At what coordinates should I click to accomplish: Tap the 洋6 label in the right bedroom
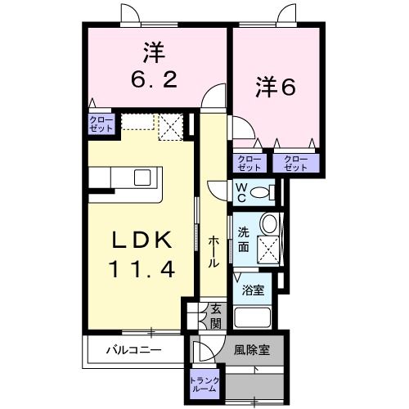272,88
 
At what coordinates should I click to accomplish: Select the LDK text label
141,241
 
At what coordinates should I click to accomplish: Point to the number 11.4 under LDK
141,268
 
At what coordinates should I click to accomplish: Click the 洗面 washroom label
244,238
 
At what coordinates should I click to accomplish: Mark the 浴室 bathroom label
253,290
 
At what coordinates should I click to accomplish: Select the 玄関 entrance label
216,315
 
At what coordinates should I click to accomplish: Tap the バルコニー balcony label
133,350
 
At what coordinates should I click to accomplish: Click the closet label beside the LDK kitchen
102,124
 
